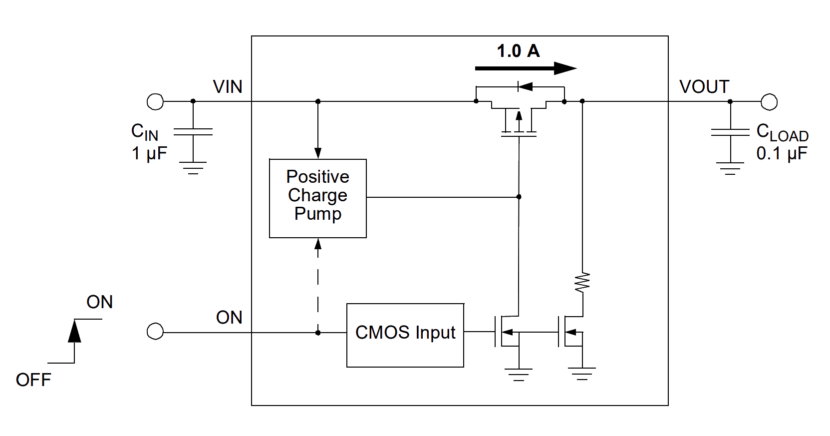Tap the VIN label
click(228, 87)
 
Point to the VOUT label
click(704, 87)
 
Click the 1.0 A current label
click(518, 51)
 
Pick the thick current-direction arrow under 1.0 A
click(526, 68)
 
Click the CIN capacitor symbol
click(193, 132)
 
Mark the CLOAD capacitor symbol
click(730, 132)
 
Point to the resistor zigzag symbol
click(582, 283)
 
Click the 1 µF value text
click(149, 153)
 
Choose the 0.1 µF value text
click(782, 153)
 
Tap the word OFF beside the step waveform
click(33, 380)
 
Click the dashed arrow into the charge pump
click(318, 286)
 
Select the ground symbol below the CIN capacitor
click(193, 168)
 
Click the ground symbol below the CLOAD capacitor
click(730, 168)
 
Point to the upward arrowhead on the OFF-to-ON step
click(74, 331)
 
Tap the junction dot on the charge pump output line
click(519, 197)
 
